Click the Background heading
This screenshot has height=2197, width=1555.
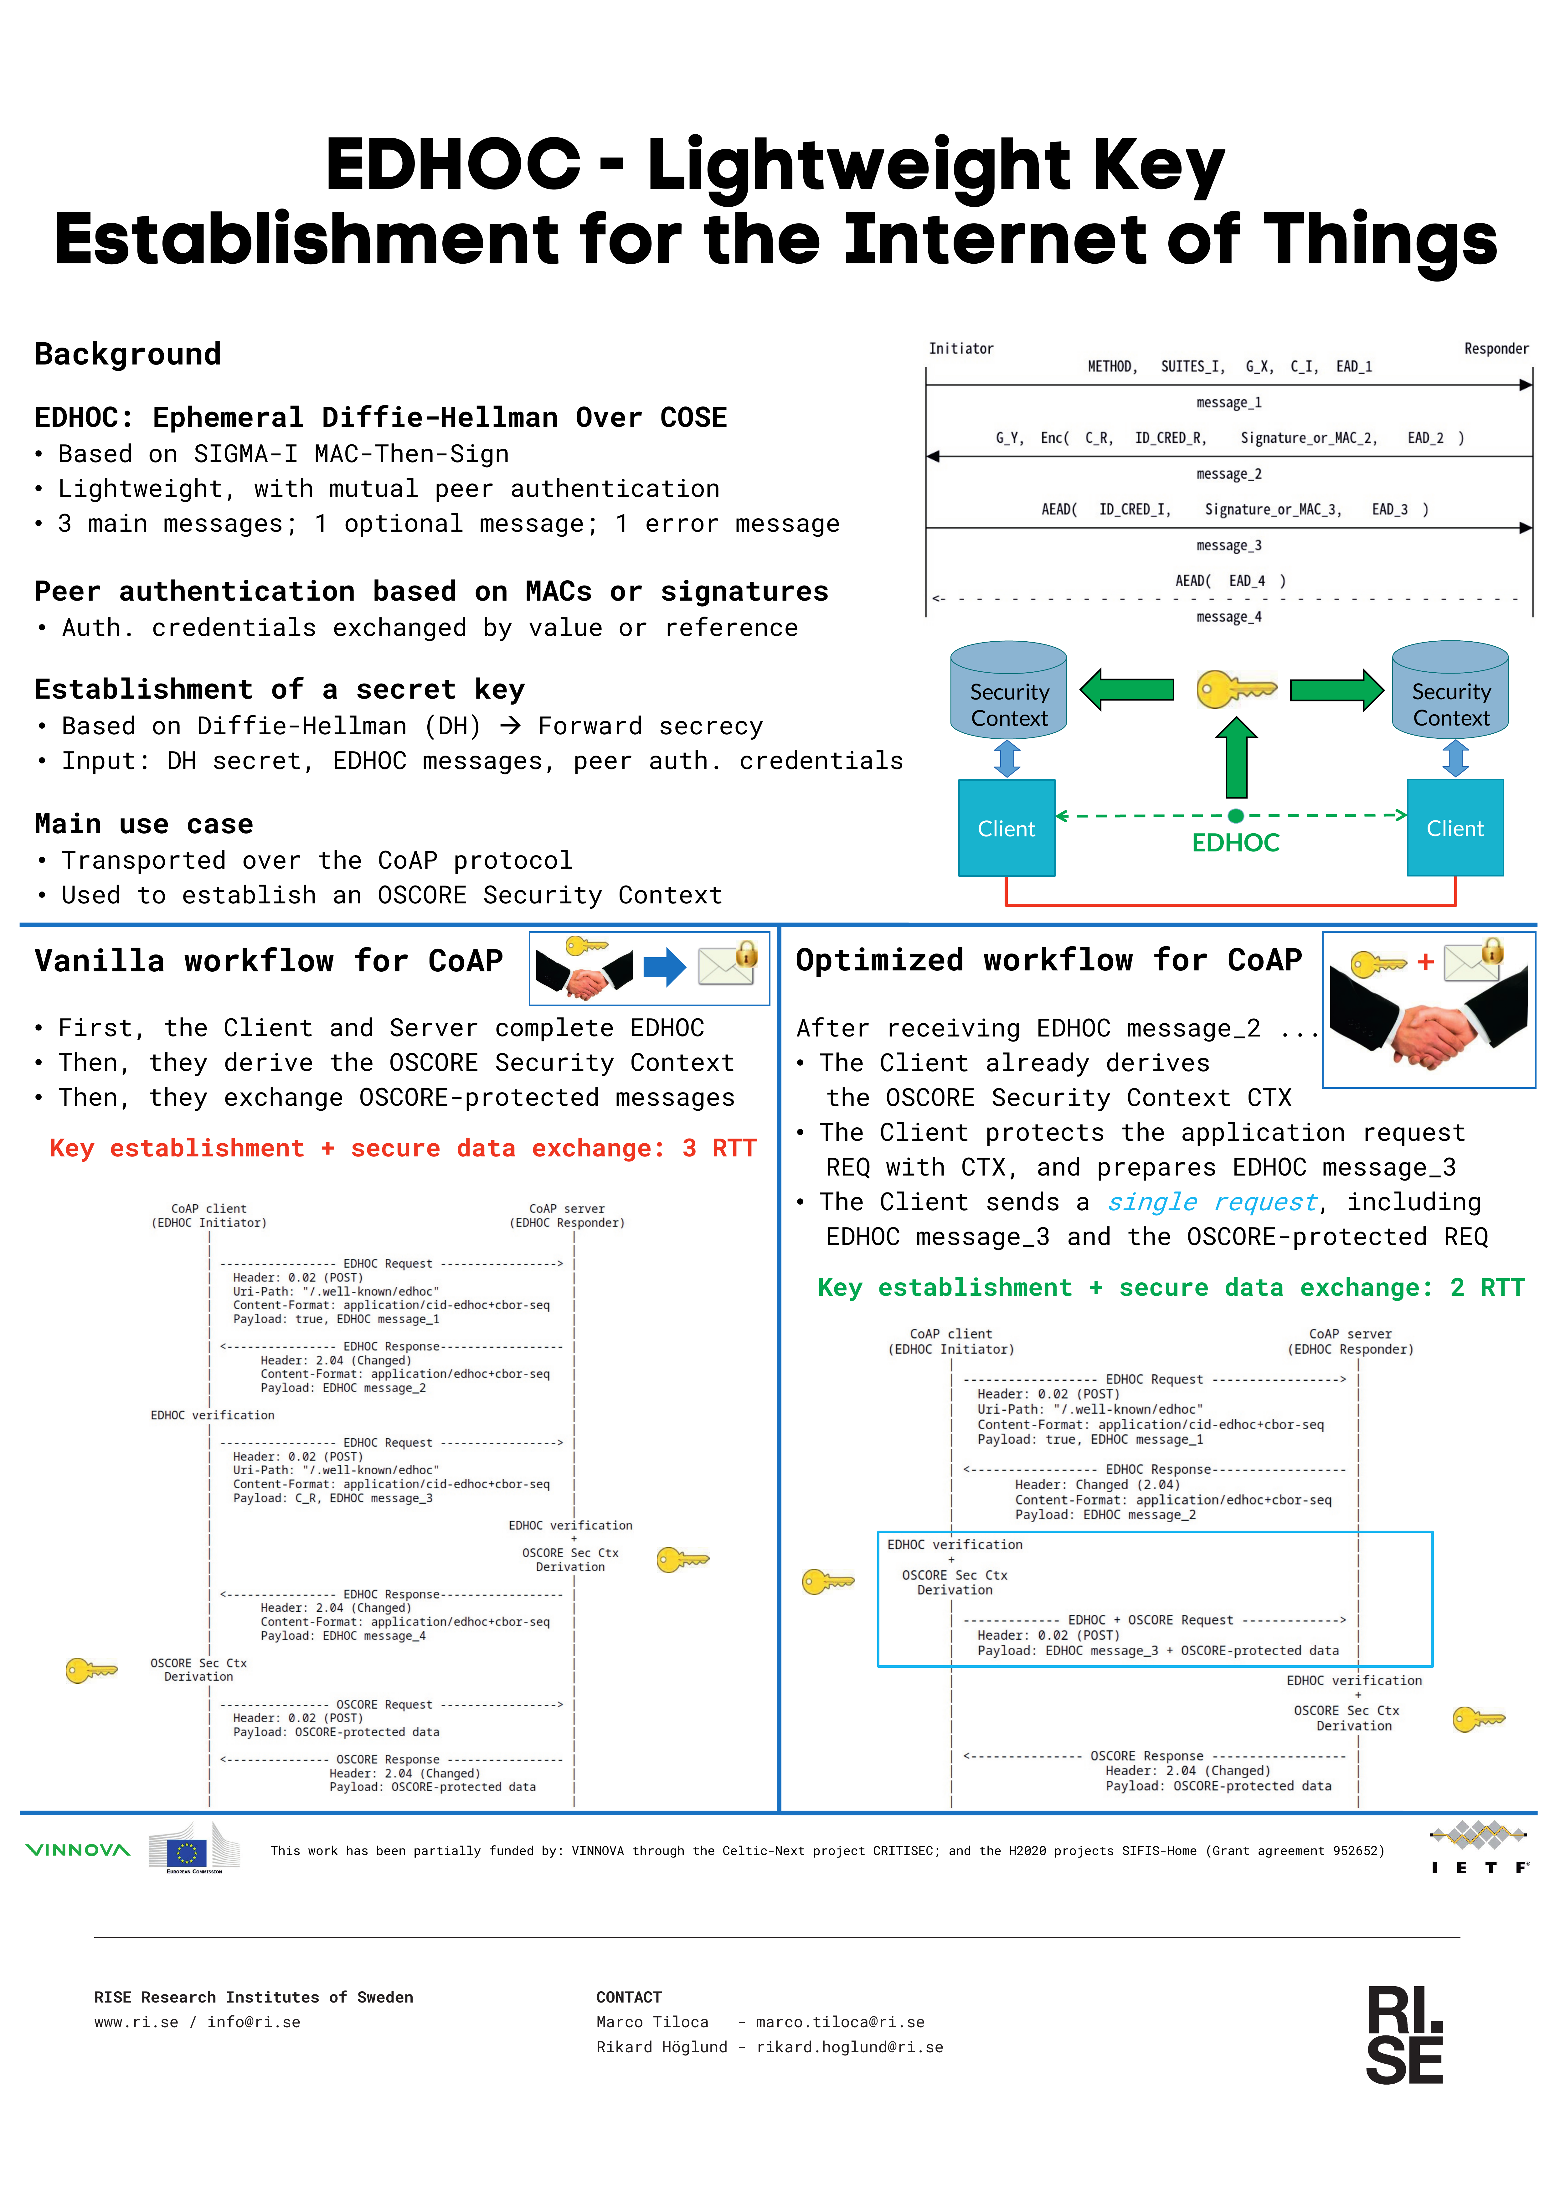tap(127, 354)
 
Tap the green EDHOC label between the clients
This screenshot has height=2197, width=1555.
tap(1235, 843)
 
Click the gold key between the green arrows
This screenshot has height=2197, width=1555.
tap(1236, 690)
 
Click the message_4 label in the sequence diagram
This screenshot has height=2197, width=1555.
tap(1228, 617)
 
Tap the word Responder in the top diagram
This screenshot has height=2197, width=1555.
tap(1496, 349)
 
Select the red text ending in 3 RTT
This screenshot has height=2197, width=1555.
tap(403, 1148)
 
